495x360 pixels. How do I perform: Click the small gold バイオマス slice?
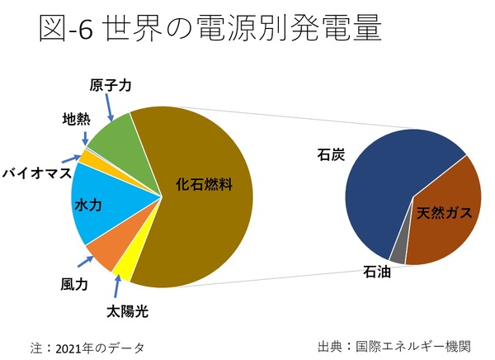tap(86, 158)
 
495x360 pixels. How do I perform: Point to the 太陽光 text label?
tap(131, 311)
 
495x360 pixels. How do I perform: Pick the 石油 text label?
tap(378, 270)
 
